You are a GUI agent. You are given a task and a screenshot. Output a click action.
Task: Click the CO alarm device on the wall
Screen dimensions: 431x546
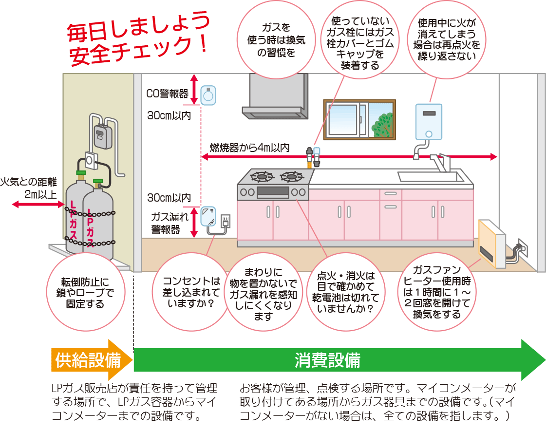pos(208,95)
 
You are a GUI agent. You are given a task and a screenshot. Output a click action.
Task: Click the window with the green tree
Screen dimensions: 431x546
pos(359,119)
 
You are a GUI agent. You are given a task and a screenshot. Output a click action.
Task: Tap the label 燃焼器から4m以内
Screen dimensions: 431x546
pos(250,147)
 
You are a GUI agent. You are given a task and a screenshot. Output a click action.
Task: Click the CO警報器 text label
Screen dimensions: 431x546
pos(167,94)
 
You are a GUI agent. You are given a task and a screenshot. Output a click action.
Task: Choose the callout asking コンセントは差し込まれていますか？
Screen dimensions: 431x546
pos(191,292)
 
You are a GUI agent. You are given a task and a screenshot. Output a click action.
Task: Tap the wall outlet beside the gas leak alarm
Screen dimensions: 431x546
pos(225,222)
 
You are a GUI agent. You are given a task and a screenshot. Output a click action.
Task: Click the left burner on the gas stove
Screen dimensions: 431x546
pos(262,176)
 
